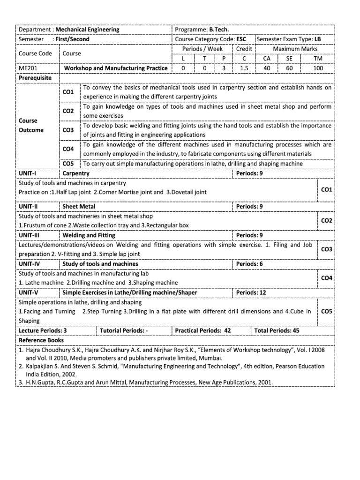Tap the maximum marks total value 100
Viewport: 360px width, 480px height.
coord(318,68)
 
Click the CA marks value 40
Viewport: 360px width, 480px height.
coord(266,68)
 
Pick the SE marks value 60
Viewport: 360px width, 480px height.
coord(289,68)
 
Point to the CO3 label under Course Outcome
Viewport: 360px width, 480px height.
coord(68,129)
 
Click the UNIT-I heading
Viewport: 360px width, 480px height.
coord(27,173)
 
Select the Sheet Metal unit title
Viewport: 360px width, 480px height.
coord(79,206)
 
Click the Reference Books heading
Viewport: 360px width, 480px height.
coord(41,340)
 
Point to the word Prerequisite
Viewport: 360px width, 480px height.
coord(35,77)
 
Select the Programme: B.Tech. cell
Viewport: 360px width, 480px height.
coord(202,29)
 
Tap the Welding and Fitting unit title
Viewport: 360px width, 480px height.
coord(89,235)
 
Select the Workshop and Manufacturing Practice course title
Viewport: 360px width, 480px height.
coord(115,68)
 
